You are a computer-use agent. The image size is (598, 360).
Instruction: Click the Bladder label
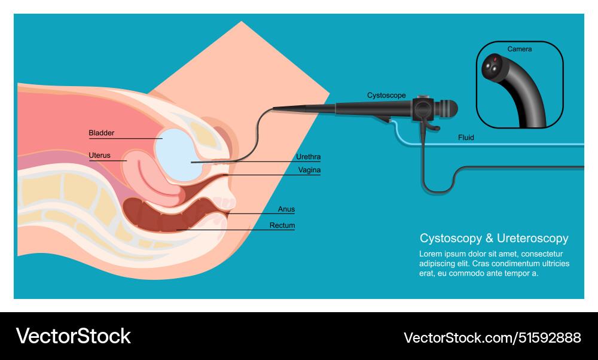pos(101,133)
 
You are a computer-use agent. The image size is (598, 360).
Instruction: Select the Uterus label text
pos(99,155)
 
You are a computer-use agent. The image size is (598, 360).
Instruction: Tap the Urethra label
pos(308,157)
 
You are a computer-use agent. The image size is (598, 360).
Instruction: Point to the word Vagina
pos(309,170)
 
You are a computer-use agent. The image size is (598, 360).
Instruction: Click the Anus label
pos(286,209)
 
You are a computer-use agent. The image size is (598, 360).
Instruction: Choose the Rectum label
pos(282,225)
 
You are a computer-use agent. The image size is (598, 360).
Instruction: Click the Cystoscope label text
pos(386,96)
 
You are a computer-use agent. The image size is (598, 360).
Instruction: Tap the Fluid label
pos(466,138)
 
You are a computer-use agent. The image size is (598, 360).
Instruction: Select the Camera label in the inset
pos(520,49)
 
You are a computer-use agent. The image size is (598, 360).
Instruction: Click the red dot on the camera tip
pos(496,59)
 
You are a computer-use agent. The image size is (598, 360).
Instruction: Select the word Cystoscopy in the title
pos(450,239)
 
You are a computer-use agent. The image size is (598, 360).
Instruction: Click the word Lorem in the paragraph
pos(431,254)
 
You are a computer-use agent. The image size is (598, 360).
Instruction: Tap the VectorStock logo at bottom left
pos(73,336)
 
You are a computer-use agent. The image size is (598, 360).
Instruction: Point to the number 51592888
pos(548,338)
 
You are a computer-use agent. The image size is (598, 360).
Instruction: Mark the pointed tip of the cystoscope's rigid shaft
pos(274,108)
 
